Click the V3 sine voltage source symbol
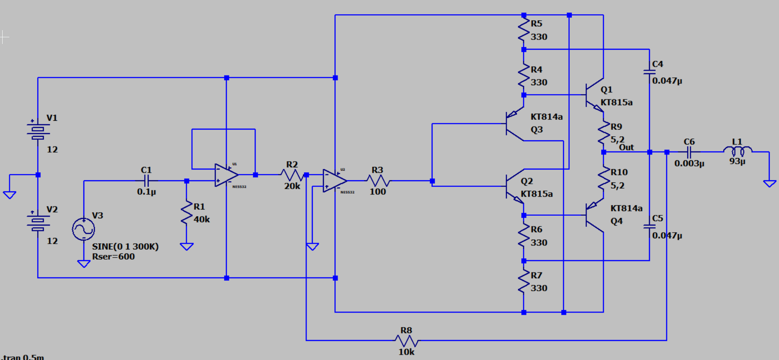83,229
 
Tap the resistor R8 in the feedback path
406,340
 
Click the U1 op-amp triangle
226,175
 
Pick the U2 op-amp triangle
334,181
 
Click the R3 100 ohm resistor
378,181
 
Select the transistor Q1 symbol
594,95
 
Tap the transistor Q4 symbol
594,215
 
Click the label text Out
626,147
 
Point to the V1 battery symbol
38,129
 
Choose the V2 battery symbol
38,221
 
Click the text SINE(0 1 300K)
125,246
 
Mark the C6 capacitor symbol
689,152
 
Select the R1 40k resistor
187,214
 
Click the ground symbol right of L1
770,183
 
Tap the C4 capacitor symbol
649,71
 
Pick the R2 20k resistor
292,175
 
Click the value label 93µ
737,161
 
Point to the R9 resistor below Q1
604,133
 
